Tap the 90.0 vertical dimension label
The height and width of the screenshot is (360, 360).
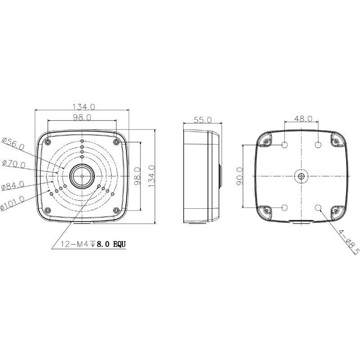pyautogui.click(x=239, y=176)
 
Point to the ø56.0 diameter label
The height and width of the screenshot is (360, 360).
pyautogui.click(x=13, y=144)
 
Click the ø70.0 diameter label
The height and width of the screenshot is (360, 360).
pyautogui.click(x=13, y=164)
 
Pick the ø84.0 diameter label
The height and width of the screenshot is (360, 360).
pyautogui.click(x=13, y=185)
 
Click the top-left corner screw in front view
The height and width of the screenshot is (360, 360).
pyautogui.click(x=48, y=142)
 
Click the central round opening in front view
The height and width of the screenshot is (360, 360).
pyautogui.click(x=82, y=176)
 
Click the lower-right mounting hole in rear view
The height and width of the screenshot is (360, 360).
pyautogui.click(x=318, y=207)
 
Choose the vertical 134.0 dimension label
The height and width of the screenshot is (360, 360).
pyautogui.click(x=152, y=176)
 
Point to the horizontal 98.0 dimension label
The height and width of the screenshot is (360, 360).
pyautogui.click(x=82, y=117)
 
